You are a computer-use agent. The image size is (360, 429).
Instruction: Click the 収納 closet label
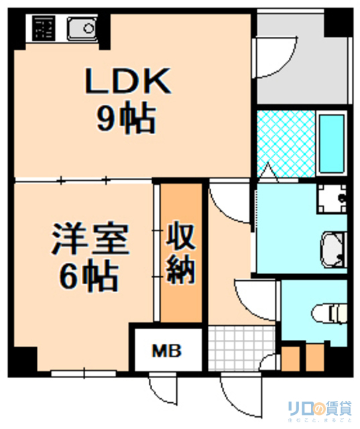click(x=180, y=253)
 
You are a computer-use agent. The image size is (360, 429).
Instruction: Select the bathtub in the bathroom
click(x=331, y=143)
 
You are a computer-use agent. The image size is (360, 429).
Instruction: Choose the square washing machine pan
click(x=331, y=198)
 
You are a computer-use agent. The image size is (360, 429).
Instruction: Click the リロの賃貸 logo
click(x=318, y=408)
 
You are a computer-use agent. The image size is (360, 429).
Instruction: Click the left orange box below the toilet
click(x=290, y=357)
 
